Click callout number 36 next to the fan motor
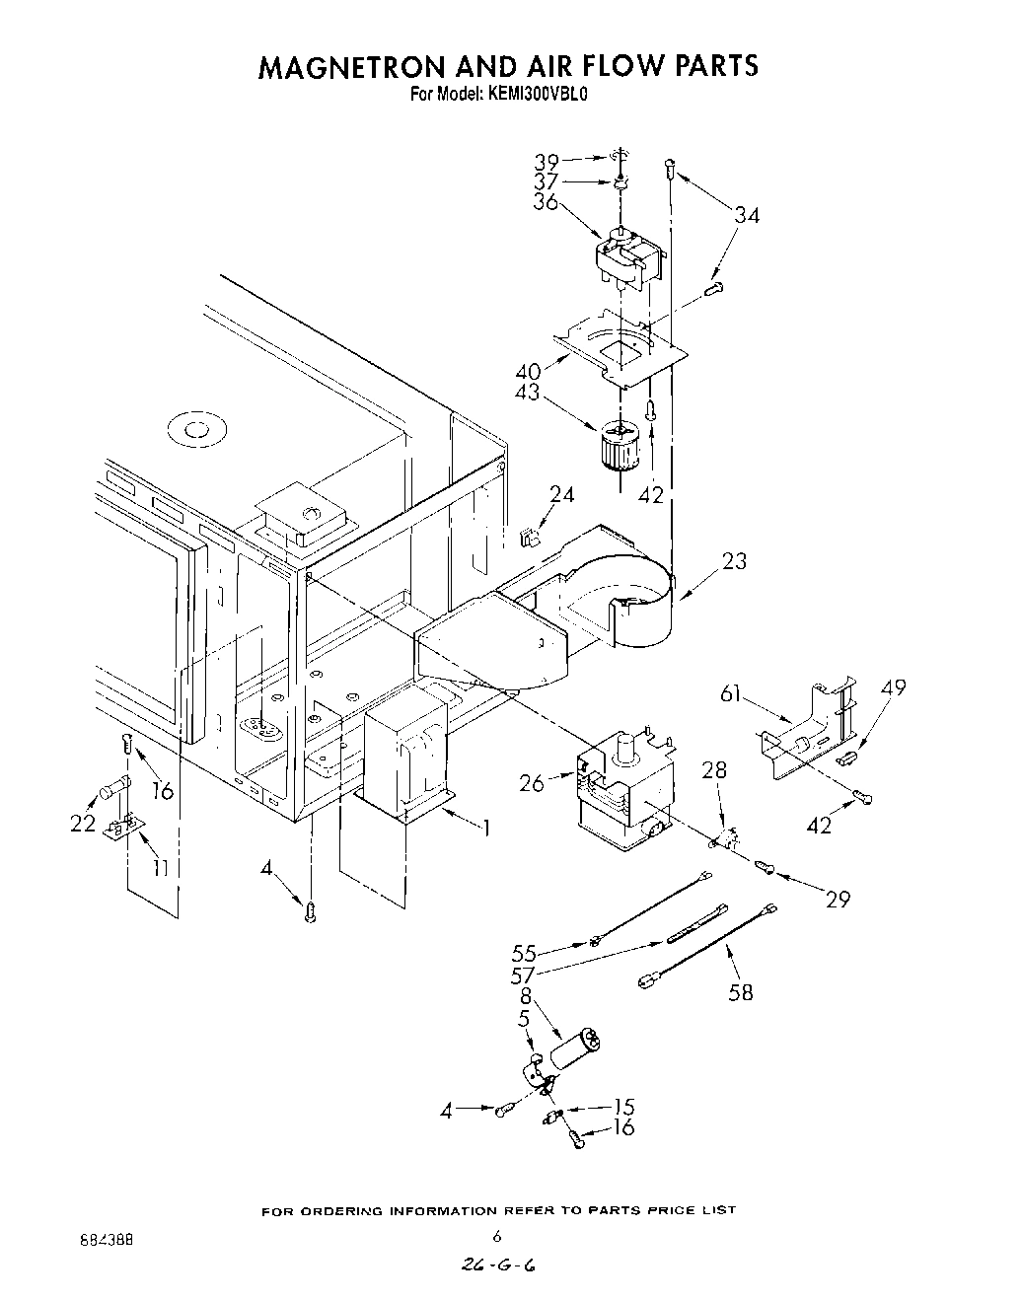point(547,201)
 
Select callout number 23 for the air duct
point(734,561)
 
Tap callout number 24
point(561,495)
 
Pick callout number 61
point(731,694)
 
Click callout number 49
point(893,687)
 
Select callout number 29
point(838,899)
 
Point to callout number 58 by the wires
point(740,991)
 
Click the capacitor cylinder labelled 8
point(576,1049)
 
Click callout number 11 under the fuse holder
point(160,867)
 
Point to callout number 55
point(525,953)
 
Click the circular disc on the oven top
point(191,430)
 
